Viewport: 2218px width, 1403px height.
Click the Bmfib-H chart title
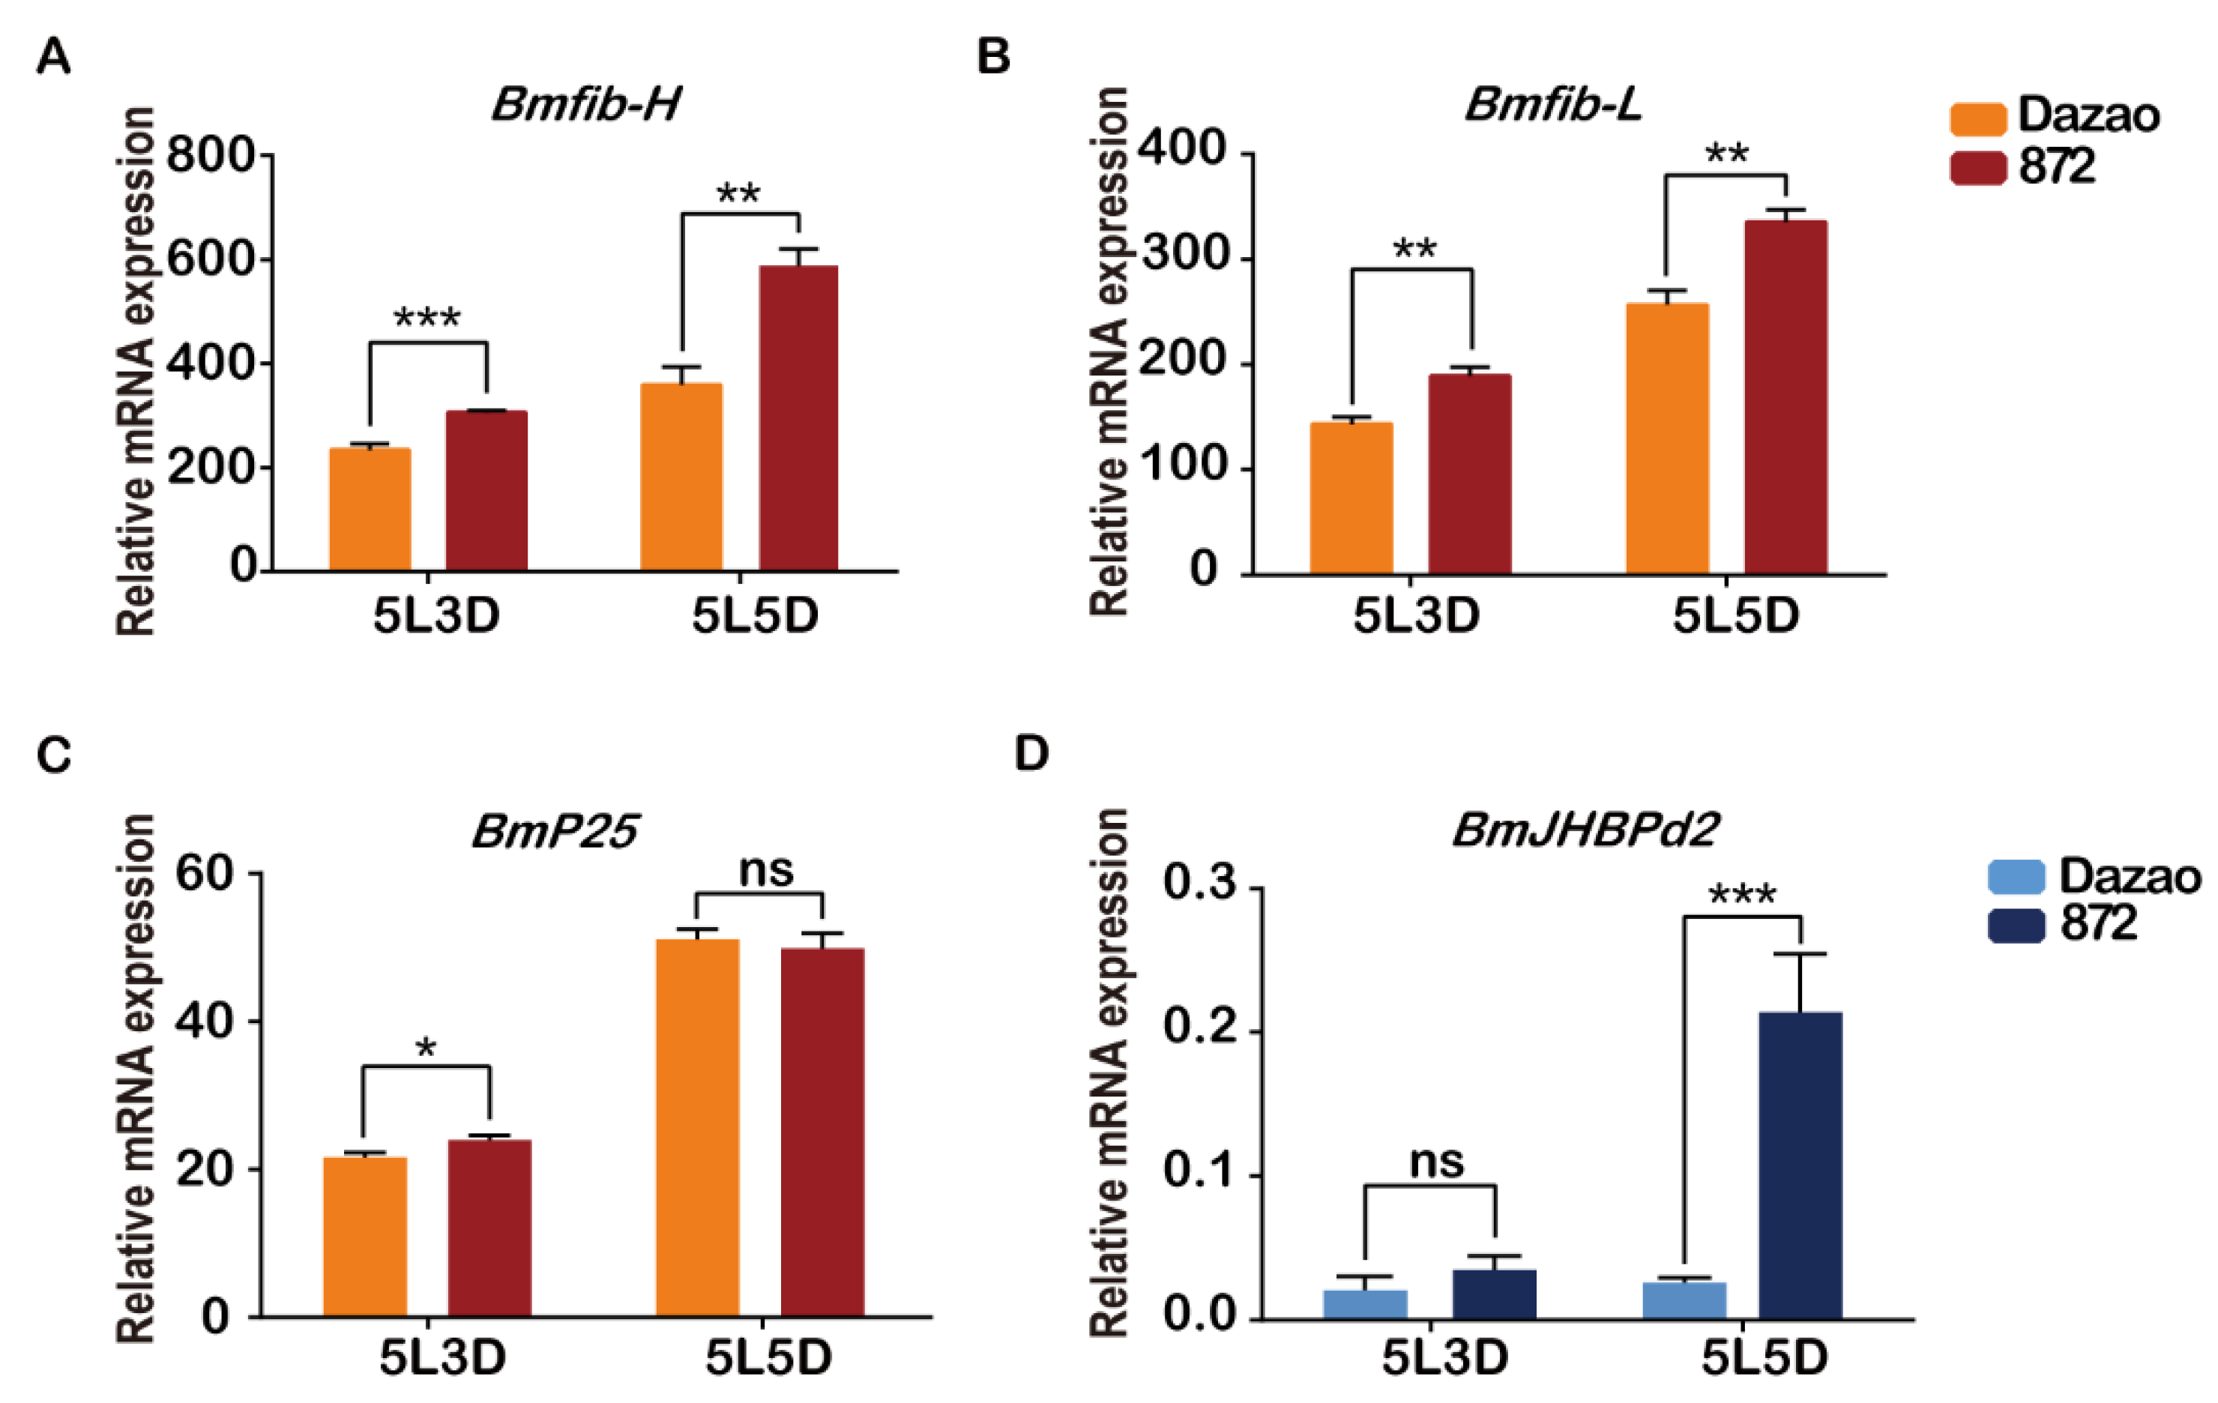click(x=586, y=105)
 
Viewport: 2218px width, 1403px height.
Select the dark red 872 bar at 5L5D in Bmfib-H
click(x=798, y=419)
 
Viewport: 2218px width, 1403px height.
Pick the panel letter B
click(x=993, y=57)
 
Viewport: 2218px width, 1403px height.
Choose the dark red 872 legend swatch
click(x=1977, y=168)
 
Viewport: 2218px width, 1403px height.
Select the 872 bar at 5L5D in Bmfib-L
click(x=1785, y=397)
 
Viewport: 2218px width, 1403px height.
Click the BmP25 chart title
click(x=555, y=833)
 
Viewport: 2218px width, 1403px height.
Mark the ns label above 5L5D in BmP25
click(x=765, y=871)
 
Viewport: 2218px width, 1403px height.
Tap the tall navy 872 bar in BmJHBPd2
click(x=1800, y=1165)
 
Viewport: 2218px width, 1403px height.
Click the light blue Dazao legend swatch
click(x=2016, y=876)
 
